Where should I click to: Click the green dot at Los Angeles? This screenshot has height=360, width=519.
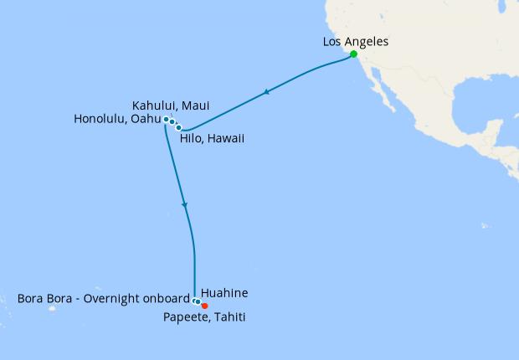click(x=353, y=54)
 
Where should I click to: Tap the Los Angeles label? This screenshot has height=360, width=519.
click(x=355, y=41)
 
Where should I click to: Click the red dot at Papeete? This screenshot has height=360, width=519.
click(x=204, y=306)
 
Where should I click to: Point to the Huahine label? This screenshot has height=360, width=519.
click(x=224, y=294)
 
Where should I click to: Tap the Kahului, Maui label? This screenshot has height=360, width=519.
click(x=171, y=105)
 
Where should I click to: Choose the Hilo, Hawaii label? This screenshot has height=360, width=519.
click(x=212, y=138)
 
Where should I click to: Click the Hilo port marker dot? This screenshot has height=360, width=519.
click(x=179, y=128)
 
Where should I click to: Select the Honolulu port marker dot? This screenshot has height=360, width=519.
click(x=166, y=120)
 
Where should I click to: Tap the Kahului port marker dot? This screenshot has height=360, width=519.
click(x=172, y=122)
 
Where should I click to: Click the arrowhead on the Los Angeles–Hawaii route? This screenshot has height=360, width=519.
click(x=266, y=92)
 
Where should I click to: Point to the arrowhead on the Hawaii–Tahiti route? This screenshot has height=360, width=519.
click(x=184, y=204)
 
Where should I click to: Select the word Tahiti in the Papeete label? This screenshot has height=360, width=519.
click(x=229, y=317)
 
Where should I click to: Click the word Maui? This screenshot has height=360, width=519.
click(x=195, y=105)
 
